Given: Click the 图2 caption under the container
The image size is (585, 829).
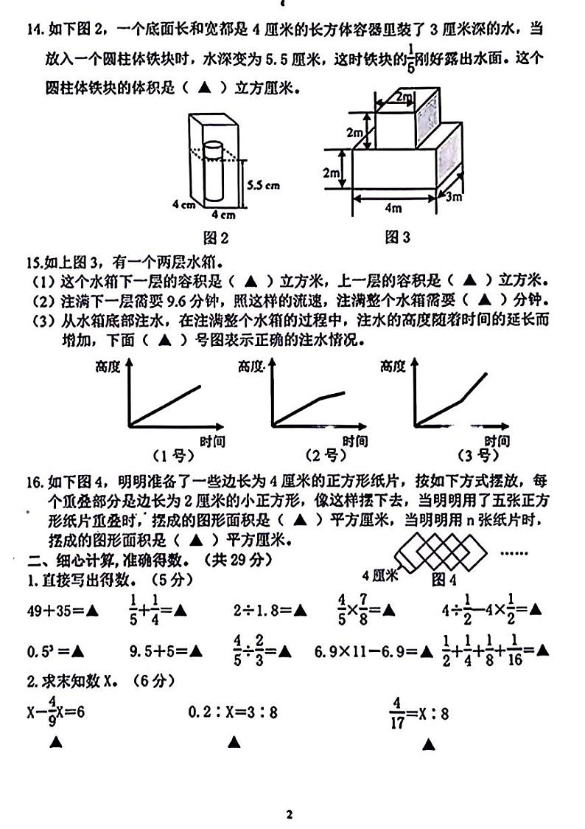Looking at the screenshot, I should click(215, 237).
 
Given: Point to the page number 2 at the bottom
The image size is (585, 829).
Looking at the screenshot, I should click(290, 815).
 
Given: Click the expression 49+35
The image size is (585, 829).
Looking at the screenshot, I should click(52, 610).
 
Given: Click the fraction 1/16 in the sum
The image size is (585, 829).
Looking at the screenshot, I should click(514, 651).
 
